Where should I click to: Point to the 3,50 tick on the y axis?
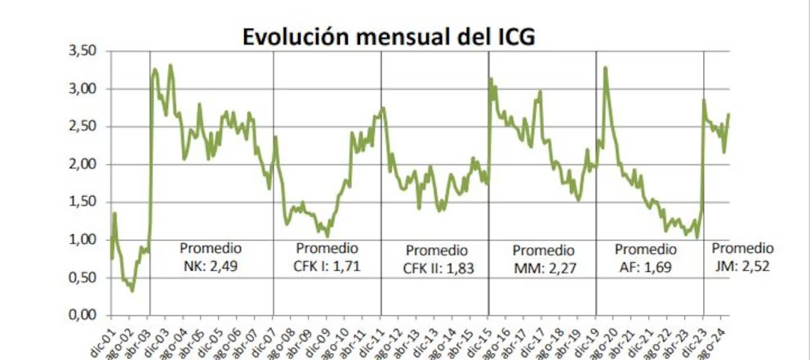tap(81, 51)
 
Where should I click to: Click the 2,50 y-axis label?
tap(81, 127)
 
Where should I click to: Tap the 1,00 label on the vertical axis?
tap(81, 240)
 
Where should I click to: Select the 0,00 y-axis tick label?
tap(81, 315)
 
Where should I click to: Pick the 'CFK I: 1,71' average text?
tap(327, 264)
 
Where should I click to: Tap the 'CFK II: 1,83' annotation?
tap(438, 267)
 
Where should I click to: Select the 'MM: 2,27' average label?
tap(544, 267)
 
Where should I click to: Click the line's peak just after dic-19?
tap(605, 68)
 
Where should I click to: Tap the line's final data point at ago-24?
tap(728, 114)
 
